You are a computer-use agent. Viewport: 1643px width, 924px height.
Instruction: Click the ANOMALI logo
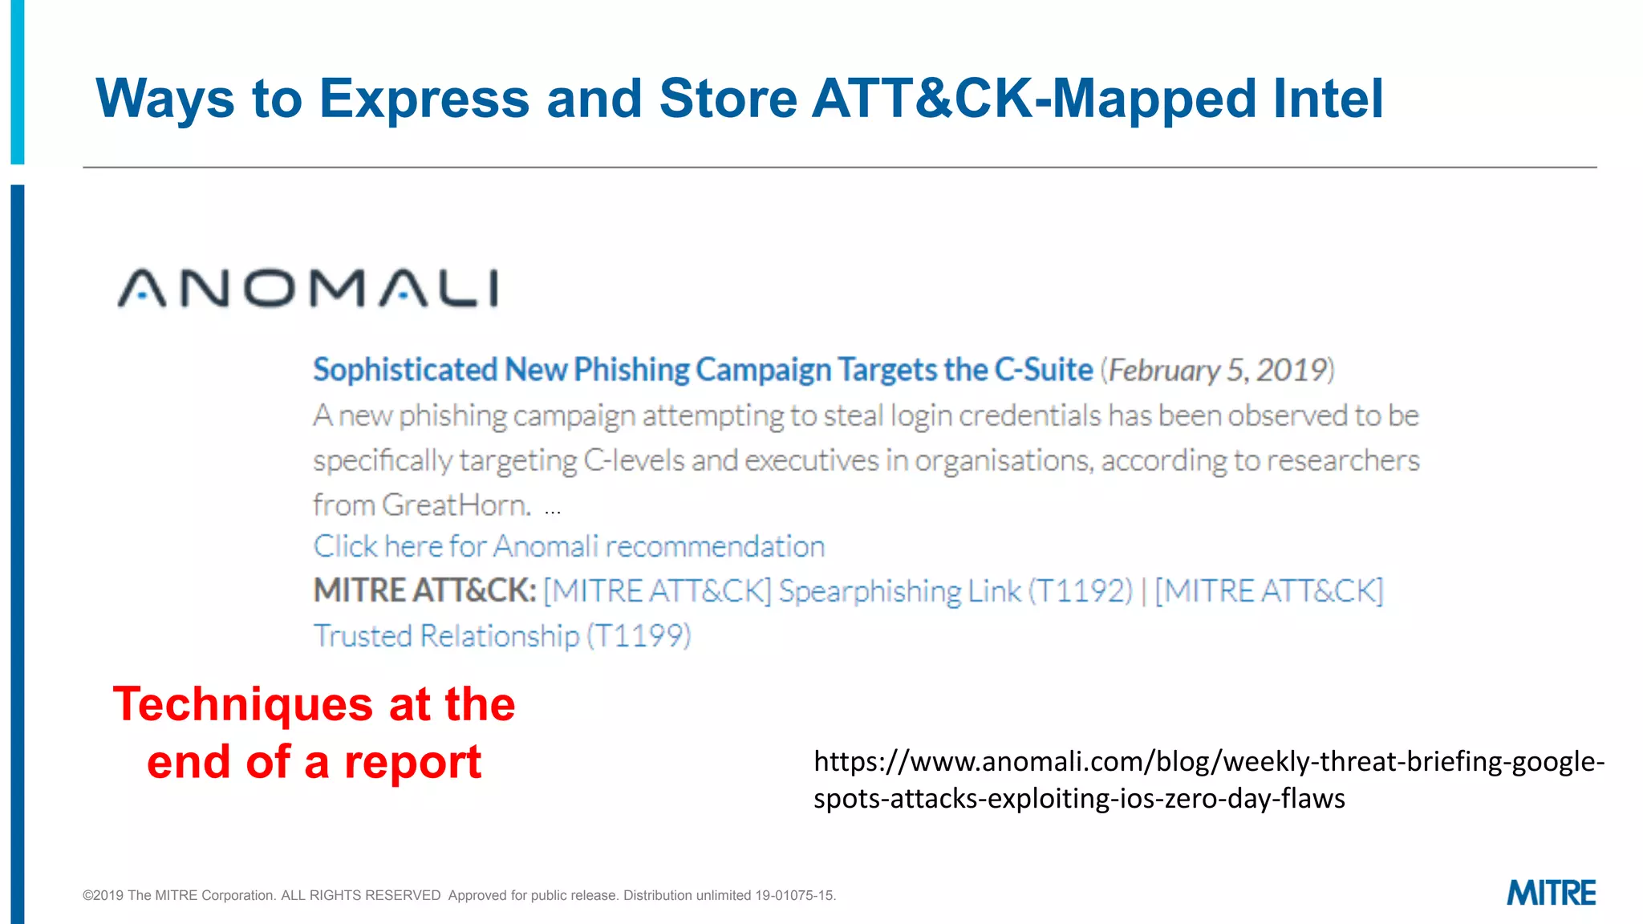(x=308, y=289)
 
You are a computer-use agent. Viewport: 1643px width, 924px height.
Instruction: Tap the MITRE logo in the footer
(x=1551, y=894)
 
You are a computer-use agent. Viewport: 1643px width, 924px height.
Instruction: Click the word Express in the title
(x=424, y=99)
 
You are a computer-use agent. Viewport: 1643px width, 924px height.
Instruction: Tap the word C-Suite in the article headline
(x=1044, y=370)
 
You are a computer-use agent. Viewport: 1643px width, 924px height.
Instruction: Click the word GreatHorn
(x=456, y=505)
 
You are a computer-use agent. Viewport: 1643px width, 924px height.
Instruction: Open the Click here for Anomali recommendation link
(x=569, y=546)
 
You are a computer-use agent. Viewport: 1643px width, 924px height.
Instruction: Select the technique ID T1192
(x=1080, y=591)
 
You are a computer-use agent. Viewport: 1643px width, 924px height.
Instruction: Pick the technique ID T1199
(x=639, y=636)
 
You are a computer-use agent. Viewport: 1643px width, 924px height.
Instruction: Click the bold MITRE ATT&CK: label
(x=424, y=591)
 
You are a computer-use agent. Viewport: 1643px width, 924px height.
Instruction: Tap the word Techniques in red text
(x=243, y=704)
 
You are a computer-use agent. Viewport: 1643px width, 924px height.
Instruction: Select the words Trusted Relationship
(x=446, y=636)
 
